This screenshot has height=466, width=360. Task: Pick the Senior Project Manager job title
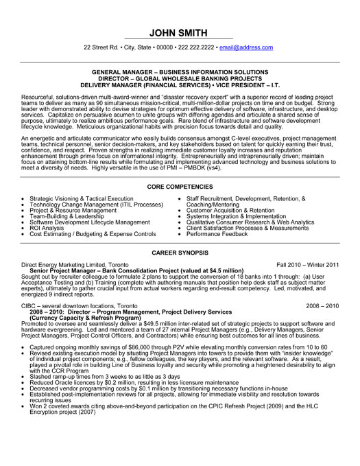pos(69,270)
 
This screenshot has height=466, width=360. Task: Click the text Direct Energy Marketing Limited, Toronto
pos(75,264)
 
